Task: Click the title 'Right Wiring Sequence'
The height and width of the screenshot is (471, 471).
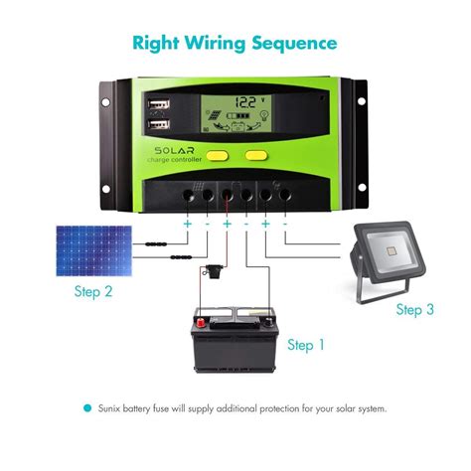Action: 235,43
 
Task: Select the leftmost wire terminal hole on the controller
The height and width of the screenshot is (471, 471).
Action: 186,195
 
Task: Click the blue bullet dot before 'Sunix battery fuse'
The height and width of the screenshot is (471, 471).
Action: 87,408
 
